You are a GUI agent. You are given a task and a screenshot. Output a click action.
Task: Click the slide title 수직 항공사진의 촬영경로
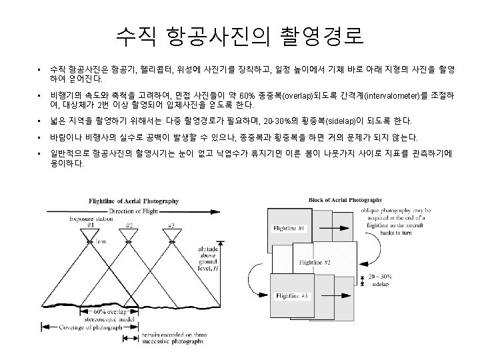click(x=239, y=35)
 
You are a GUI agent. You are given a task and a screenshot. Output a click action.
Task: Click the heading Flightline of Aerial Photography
click(x=142, y=201)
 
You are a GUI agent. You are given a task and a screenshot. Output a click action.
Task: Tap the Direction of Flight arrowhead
click(x=189, y=211)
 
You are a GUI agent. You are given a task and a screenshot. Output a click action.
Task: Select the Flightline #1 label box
click(x=289, y=229)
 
